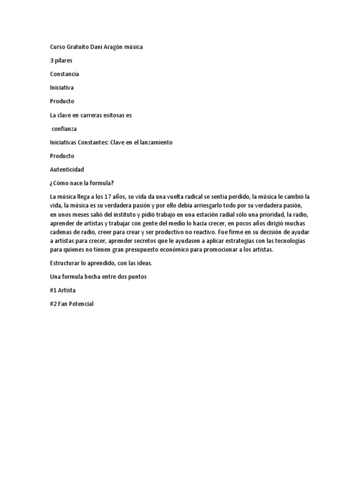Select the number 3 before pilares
(x=52, y=60)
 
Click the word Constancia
(x=64, y=74)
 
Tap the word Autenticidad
(x=67, y=169)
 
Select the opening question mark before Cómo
(x=51, y=183)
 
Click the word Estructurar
(x=65, y=263)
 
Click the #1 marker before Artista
(x=53, y=291)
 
